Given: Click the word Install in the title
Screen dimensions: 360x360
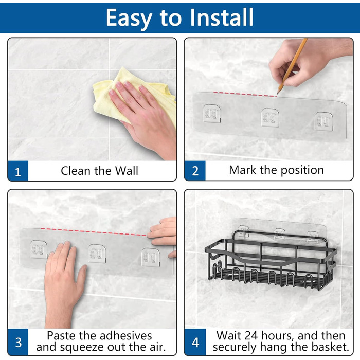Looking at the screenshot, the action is [222, 17].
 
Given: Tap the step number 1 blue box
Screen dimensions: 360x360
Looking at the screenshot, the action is [18, 171].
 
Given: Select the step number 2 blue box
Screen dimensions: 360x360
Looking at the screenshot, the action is [195, 171].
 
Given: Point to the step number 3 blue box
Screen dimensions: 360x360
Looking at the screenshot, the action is [18, 342].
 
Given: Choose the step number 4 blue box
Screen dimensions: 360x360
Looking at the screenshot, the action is [195, 342].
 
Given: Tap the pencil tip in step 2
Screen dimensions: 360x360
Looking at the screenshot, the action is [278, 94].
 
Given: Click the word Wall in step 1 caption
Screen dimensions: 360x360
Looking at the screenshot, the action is [127, 171].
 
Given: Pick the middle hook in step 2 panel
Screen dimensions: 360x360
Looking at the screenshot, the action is [270, 117].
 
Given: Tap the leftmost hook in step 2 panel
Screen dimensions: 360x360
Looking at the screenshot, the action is [212, 114].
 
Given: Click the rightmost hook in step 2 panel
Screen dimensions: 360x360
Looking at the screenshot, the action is [323, 121].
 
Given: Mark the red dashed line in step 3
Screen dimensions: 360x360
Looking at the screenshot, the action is [94, 232].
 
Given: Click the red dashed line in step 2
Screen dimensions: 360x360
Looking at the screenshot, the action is [245, 94].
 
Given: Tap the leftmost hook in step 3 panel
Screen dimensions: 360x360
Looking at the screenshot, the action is [39, 249].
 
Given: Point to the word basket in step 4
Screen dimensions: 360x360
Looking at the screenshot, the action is [331, 347].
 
